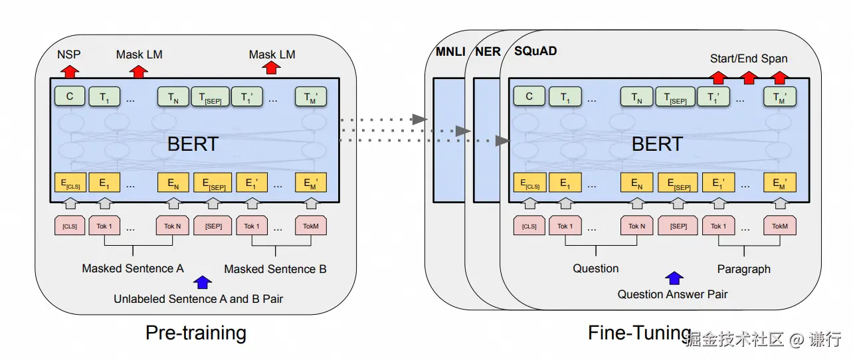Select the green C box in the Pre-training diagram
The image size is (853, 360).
tap(70, 96)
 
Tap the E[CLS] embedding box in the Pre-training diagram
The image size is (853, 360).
tap(70, 183)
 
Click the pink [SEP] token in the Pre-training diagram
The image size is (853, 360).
tap(213, 226)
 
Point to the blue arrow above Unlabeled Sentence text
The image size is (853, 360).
tap(202, 283)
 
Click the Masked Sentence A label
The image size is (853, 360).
tap(133, 268)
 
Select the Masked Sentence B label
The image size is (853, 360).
tap(275, 269)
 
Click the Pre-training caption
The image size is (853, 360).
tap(195, 332)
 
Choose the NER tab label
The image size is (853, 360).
tap(488, 52)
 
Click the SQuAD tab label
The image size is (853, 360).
tap(535, 51)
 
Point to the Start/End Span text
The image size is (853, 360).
tap(749, 58)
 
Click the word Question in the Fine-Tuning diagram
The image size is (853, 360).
tap(596, 268)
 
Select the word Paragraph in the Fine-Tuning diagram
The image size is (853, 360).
tap(744, 269)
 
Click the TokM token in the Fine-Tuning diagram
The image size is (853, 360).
tap(779, 226)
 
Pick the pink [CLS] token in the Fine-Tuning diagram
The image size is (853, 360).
tap(529, 226)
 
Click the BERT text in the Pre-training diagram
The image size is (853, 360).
tap(192, 143)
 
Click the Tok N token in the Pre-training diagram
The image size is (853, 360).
tap(172, 226)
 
